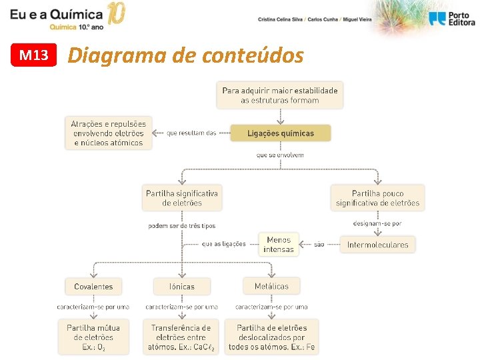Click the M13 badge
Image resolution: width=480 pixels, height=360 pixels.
pyautogui.click(x=34, y=55)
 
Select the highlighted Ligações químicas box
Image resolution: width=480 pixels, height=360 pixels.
pyautogui.click(x=280, y=133)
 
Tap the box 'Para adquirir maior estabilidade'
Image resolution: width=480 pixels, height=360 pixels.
pyautogui.click(x=280, y=95)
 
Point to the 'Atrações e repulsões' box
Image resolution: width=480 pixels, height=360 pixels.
pyautogui.click(x=109, y=133)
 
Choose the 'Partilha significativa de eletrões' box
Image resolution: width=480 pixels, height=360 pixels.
pyautogui.click(x=182, y=198)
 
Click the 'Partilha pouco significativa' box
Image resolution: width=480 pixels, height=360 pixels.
pyautogui.click(x=377, y=198)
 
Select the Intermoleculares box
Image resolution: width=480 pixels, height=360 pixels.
pyautogui.click(x=377, y=245)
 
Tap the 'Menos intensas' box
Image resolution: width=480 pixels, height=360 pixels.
pyautogui.click(x=279, y=245)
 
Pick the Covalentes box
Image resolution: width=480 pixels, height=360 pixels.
pyautogui.click(x=93, y=287)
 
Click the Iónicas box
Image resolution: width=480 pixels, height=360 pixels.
pyautogui.click(x=182, y=287)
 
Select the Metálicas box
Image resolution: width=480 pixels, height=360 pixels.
pyautogui.click(x=271, y=287)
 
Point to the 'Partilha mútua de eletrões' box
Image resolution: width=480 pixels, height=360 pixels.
pyautogui.click(x=93, y=337)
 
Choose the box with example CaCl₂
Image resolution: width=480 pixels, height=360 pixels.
pyautogui.click(x=181, y=337)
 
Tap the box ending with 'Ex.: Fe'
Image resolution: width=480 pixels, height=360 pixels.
pyautogui.click(x=271, y=337)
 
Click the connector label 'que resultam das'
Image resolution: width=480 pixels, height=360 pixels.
pyautogui.click(x=191, y=133)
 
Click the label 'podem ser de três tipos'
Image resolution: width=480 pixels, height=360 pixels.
pyautogui.click(x=182, y=226)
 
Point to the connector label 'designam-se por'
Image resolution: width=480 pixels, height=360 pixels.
pyautogui.click(x=377, y=223)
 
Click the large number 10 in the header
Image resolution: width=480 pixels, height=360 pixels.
pyautogui.click(x=115, y=13)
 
